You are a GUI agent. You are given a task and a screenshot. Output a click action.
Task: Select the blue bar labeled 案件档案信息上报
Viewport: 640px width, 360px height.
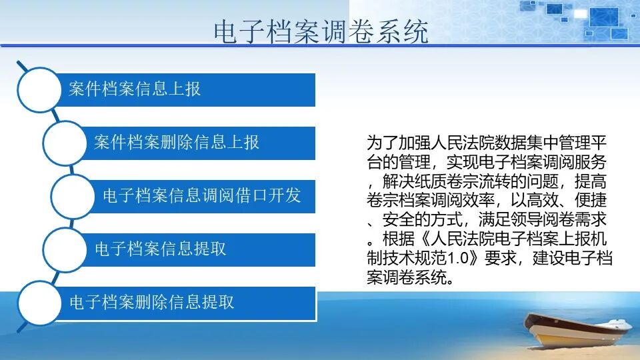(x=187, y=89)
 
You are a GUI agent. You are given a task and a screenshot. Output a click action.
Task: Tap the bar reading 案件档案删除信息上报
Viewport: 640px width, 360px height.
(x=200, y=142)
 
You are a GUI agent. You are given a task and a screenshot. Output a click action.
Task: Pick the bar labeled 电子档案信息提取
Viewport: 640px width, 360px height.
(x=200, y=249)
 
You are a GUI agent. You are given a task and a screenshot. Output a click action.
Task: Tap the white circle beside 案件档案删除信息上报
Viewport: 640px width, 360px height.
(x=65, y=142)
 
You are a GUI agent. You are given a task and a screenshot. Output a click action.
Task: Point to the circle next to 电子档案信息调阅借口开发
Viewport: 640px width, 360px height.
(x=73, y=195)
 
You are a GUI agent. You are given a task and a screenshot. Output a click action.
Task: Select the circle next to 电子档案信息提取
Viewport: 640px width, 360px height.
(x=65, y=249)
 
